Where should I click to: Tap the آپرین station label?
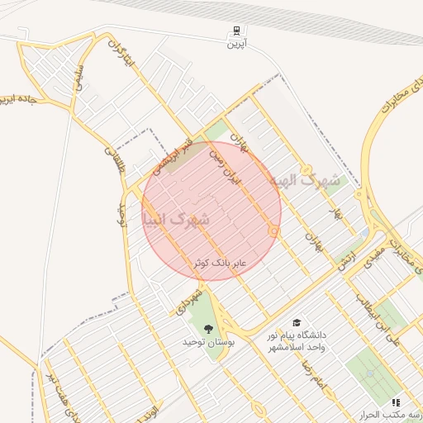click(x=237, y=44)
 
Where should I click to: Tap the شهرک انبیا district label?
click(x=176, y=220)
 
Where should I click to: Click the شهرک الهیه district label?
click(x=305, y=179)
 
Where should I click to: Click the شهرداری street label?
click(x=190, y=299)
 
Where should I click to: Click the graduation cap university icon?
click(x=296, y=323)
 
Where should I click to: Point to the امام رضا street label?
click(x=315, y=372)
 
